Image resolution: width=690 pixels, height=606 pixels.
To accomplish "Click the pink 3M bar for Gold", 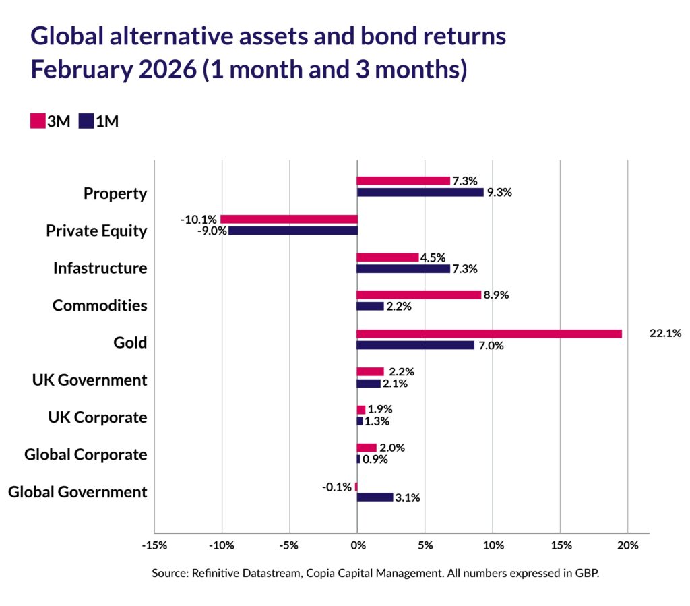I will pyautogui.click(x=489, y=334).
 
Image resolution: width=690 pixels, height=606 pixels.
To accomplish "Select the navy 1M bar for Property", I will pyautogui.click(x=420, y=192).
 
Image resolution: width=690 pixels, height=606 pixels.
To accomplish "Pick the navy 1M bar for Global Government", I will pyautogui.click(x=375, y=497).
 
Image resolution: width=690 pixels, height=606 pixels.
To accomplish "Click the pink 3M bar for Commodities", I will pyautogui.click(x=418, y=295).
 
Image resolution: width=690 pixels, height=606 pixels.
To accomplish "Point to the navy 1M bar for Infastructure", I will pyautogui.click(x=403, y=268).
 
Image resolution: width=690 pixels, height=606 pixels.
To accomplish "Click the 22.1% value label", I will pyautogui.click(x=665, y=333).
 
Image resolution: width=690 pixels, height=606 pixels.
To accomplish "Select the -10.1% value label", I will pyautogui.click(x=199, y=219).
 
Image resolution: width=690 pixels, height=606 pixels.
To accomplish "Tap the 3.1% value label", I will pyautogui.click(x=408, y=497).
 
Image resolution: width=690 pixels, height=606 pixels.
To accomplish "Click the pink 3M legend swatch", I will pyautogui.click(x=37, y=121).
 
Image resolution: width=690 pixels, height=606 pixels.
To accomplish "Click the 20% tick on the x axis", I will pyautogui.click(x=627, y=545).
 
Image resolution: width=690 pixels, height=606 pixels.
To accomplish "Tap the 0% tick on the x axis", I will pyautogui.click(x=356, y=545).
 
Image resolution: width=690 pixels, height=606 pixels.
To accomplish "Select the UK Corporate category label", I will pyautogui.click(x=97, y=417).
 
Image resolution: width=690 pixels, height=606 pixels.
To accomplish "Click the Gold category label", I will pyautogui.click(x=130, y=342).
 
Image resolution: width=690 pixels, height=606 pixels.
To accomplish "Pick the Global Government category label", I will pyautogui.click(x=77, y=492).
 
